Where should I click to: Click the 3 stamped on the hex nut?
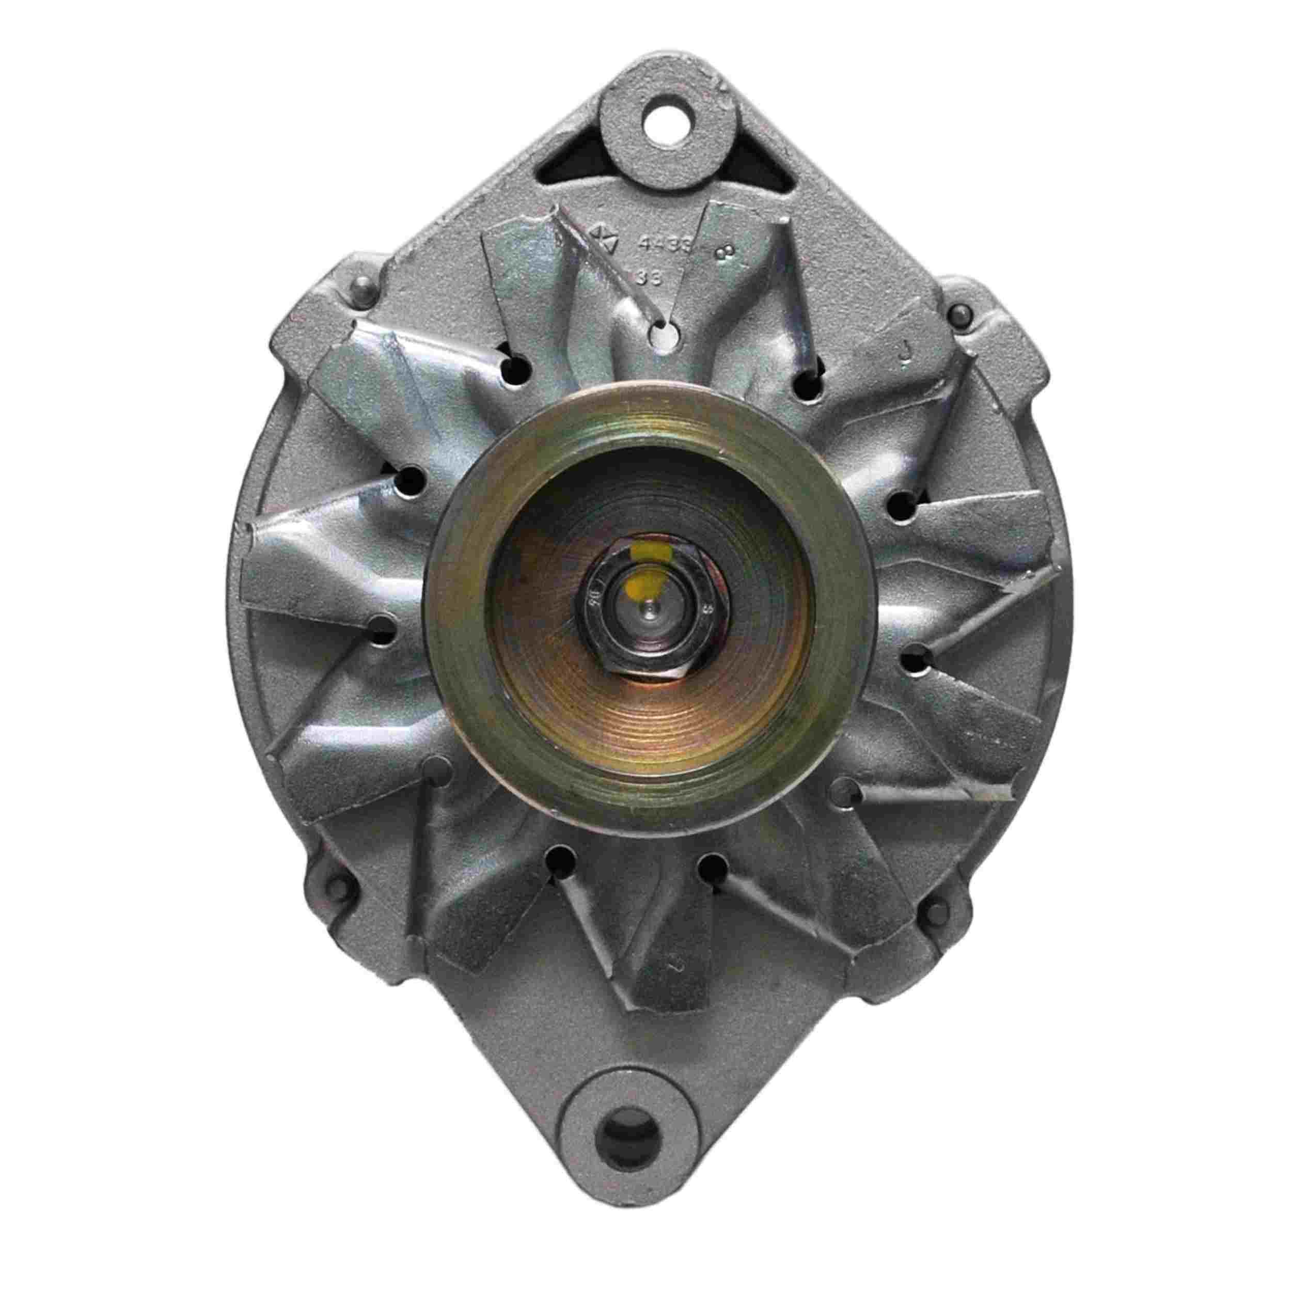tap(706, 610)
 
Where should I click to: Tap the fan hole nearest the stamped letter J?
tap(809, 386)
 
